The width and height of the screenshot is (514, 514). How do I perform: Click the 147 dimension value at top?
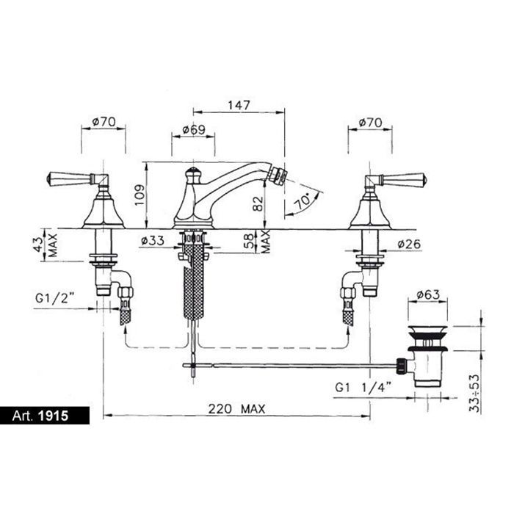point(239,105)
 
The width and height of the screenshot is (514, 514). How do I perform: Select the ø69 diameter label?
point(194,130)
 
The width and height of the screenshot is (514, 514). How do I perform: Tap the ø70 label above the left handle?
point(104,122)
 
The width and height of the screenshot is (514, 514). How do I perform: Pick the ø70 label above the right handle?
point(370,123)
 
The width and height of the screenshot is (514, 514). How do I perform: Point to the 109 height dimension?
point(140,195)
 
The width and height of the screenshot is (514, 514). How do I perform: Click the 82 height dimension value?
point(258,203)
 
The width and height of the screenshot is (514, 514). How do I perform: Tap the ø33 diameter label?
point(153,241)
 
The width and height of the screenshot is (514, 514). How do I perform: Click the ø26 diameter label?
point(409,244)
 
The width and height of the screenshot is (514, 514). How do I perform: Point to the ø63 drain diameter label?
point(428,294)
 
